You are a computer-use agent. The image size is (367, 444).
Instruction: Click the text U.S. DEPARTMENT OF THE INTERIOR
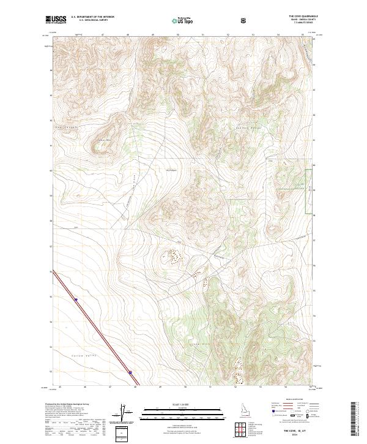pos(91,18)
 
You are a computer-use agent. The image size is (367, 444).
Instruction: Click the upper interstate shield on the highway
pos(76,299)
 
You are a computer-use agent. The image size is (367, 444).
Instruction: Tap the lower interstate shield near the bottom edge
pos(130,372)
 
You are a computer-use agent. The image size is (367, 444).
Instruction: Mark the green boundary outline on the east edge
pos(310,186)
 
